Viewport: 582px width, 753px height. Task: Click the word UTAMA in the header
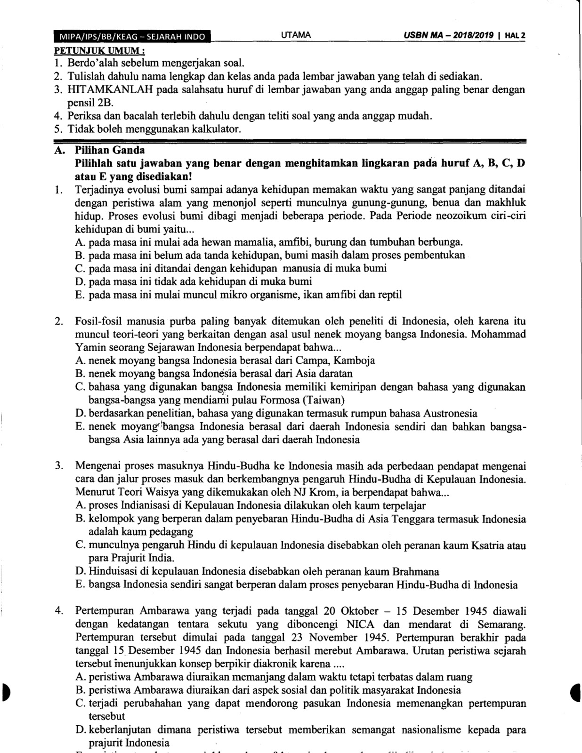pyautogui.click(x=296, y=35)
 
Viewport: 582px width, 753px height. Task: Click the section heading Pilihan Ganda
pyautogui.click(x=110, y=150)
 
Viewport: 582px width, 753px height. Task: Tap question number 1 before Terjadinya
pyautogui.click(x=58, y=190)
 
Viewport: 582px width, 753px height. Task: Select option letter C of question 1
pyautogui.click(x=79, y=269)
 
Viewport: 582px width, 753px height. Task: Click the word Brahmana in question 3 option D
pyautogui.click(x=418, y=572)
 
